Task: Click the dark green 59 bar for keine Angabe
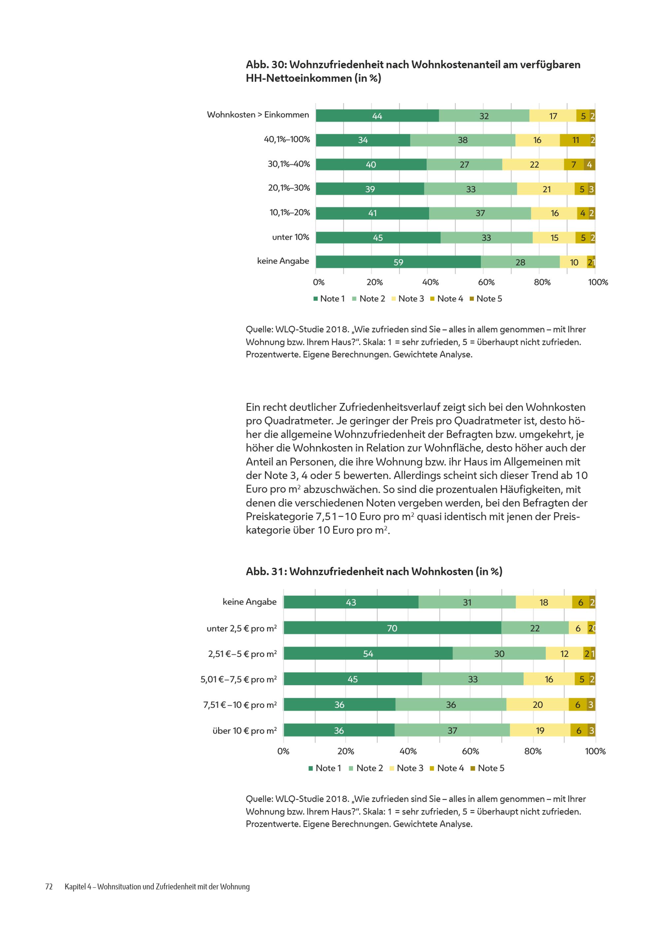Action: (x=398, y=262)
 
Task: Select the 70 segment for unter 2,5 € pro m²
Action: (x=392, y=628)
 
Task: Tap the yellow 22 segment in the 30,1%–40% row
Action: (x=533, y=165)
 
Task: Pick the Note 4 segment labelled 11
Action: (x=575, y=140)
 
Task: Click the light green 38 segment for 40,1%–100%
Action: (x=462, y=140)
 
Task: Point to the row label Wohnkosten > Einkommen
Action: (x=258, y=115)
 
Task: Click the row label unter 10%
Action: (x=290, y=237)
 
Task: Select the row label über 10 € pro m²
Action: (x=245, y=730)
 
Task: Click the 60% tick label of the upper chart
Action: (x=486, y=282)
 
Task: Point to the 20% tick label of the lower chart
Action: (x=346, y=751)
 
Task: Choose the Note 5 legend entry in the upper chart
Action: (x=486, y=299)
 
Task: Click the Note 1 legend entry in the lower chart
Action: (x=325, y=768)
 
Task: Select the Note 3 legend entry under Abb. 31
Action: (x=406, y=768)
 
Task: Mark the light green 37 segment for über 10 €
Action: (x=452, y=730)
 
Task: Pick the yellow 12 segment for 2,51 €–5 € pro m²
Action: (x=564, y=654)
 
